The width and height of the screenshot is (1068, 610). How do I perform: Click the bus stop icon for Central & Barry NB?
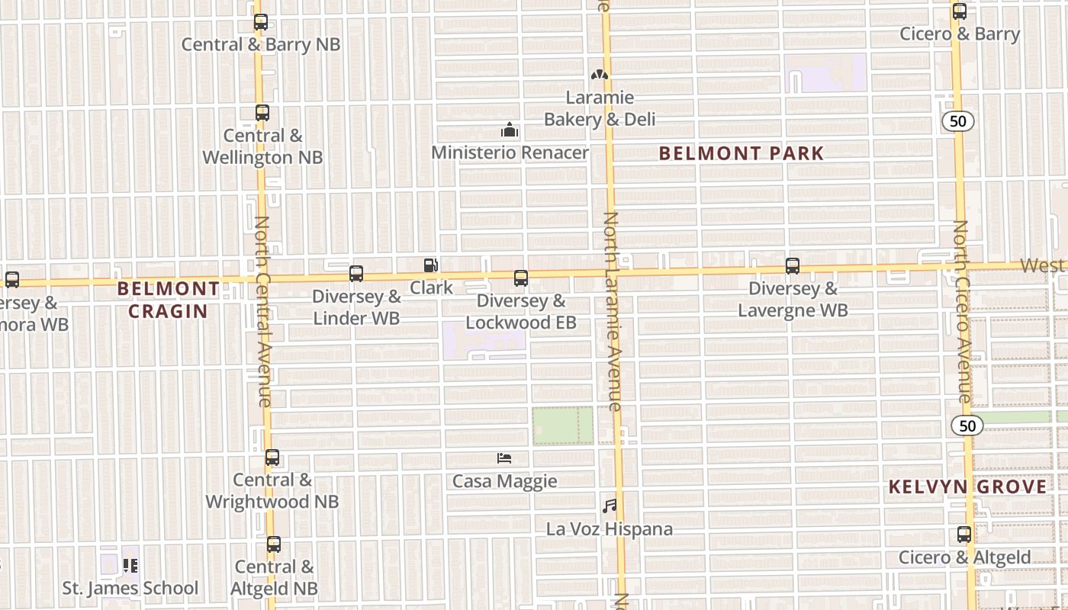261,22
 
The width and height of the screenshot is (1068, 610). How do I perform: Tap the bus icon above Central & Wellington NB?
262,113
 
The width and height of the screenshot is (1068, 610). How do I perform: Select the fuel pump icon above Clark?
431,265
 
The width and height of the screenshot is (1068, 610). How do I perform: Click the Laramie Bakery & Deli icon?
600,75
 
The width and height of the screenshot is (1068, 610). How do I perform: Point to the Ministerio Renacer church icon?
510,130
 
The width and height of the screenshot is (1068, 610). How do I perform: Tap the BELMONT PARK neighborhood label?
741,153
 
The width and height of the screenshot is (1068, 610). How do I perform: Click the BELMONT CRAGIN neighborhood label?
169,300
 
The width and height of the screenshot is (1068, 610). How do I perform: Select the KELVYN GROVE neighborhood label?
967,486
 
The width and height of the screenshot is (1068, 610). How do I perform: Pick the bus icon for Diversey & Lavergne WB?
793,266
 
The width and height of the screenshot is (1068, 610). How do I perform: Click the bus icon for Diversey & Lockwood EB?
521,278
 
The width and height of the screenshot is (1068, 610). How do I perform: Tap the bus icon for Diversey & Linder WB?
356,274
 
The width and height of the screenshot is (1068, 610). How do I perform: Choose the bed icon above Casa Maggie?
504,458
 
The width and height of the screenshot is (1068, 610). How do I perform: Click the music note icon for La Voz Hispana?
609,506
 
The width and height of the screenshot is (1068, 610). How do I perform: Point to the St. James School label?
130,588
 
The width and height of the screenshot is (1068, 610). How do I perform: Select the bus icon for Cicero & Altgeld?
964,535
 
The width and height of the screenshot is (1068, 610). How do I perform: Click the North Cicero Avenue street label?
962,312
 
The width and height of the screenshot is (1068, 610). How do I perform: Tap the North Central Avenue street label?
262,311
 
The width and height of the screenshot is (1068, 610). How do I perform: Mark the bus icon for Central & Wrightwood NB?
272,458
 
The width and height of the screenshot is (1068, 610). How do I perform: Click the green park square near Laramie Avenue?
562,425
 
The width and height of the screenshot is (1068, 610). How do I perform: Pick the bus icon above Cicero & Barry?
960,11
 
